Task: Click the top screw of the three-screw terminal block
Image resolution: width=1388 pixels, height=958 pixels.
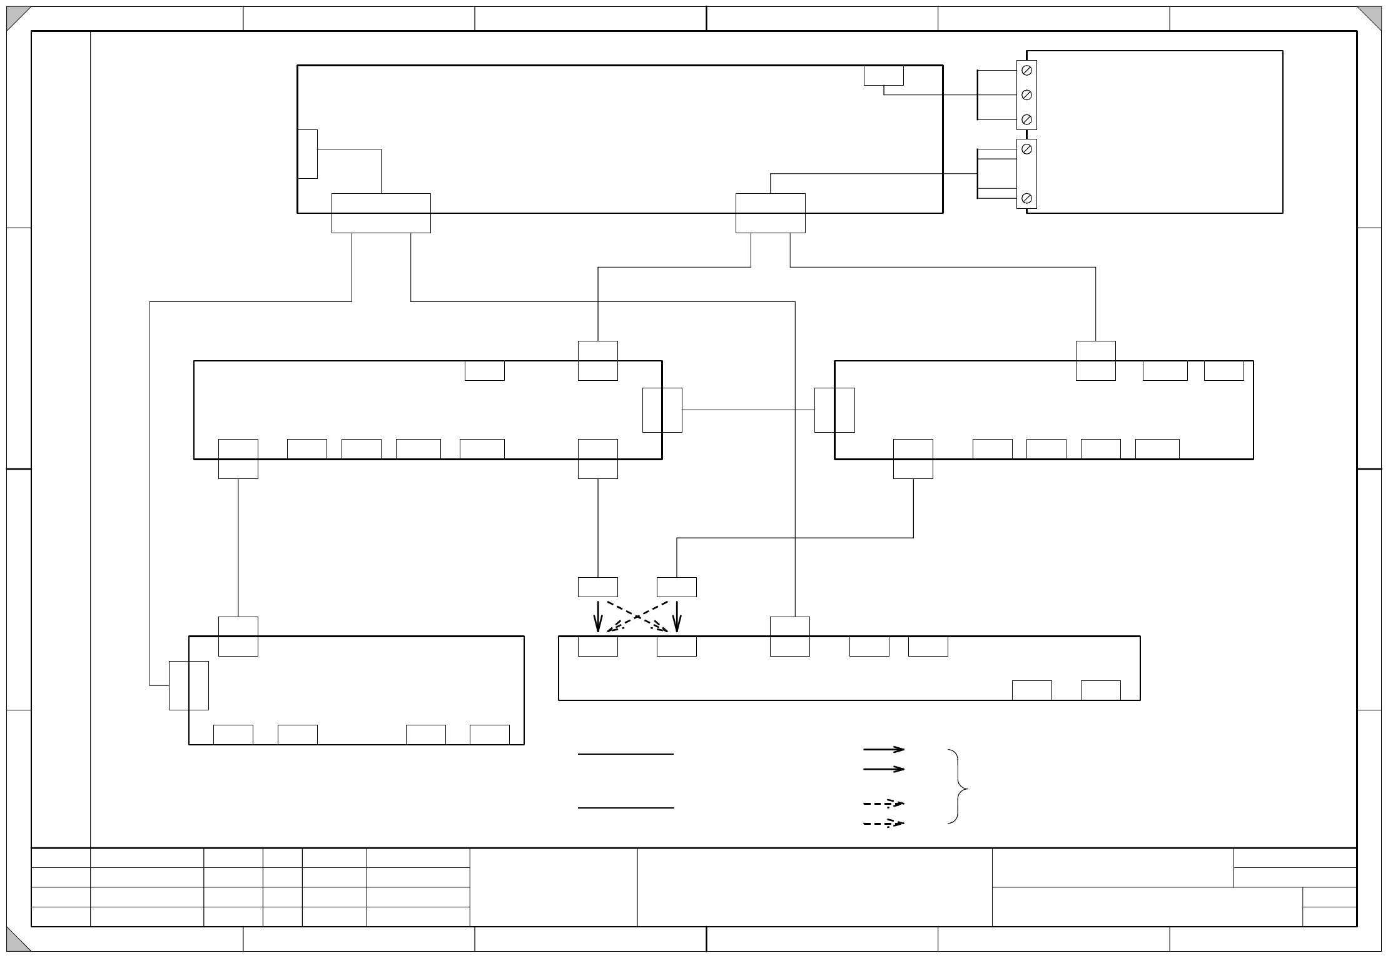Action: [x=1026, y=71]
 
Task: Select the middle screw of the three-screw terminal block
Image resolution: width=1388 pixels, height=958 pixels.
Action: [x=1026, y=95]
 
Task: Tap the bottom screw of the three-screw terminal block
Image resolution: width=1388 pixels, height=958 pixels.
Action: [x=1026, y=119]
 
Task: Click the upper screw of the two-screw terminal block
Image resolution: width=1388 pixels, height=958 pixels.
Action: [x=1026, y=149]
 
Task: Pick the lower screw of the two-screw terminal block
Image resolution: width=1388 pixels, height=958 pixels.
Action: [x=1026, y=198]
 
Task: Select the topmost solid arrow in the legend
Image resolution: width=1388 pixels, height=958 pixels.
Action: [x=884, y=749]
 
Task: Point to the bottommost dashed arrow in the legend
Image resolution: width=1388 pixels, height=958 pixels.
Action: [x=884, y=824]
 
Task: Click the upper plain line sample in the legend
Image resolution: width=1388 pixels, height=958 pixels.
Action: [x=626, y=754]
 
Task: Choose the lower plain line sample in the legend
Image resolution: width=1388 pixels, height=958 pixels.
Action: [x=626, y=808]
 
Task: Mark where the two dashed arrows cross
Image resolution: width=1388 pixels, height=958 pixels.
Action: [x=637, y=617]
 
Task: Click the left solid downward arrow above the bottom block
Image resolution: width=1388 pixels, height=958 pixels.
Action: [x=598, y=617]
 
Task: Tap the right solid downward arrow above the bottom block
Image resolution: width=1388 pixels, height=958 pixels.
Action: [x=677, y=617]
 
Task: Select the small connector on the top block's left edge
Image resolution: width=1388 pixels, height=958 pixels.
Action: [x=308, y=154]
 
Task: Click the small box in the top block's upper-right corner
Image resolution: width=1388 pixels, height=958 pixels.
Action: [x=883, y=75]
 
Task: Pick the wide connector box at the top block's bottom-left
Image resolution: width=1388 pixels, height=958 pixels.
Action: [x=381, y=213]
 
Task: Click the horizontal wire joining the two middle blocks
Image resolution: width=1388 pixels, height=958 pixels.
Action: [x=748, y=410]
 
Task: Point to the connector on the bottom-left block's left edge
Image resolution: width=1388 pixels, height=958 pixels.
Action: [x=189, y=685]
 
